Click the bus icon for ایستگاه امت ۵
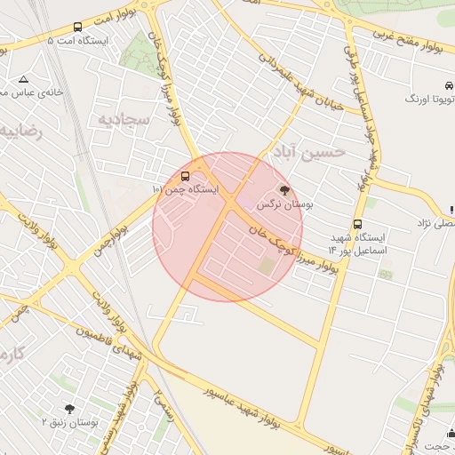(77, 28)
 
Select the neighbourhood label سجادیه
(120, 118)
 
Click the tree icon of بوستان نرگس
(284, 189)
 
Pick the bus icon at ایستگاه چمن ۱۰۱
(185, 176)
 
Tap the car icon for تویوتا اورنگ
(449, 85)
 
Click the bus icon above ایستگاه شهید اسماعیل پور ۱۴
(357, 224)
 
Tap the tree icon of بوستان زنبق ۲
(69, 408)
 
